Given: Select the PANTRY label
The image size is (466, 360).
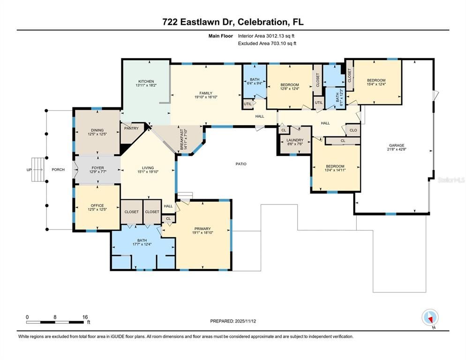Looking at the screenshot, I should tap(131, 127).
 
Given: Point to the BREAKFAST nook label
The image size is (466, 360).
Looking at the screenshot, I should tap(183, 139).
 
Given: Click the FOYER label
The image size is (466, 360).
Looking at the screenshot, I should tap(98, 168).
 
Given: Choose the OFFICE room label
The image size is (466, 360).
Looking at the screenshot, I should tap(98, 205).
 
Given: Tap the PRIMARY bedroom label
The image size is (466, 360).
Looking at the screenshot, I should tap(203, 229).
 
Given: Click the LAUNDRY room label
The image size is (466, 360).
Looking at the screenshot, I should tap(295, 140).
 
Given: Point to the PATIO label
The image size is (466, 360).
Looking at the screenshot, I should tap(241, 164).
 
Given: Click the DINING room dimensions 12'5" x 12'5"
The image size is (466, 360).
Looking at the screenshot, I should tap(98, 135).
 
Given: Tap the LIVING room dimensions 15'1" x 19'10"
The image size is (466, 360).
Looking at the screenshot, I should tap(148, 172).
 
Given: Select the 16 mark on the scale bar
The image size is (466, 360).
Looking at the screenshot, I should tap(85, 317).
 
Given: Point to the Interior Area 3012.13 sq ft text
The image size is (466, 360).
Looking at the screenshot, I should tap(266, 36).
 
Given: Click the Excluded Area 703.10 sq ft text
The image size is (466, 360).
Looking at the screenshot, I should tap(267, 43).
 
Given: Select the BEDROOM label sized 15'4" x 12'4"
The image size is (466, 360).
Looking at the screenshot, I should tap(376, 80).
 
